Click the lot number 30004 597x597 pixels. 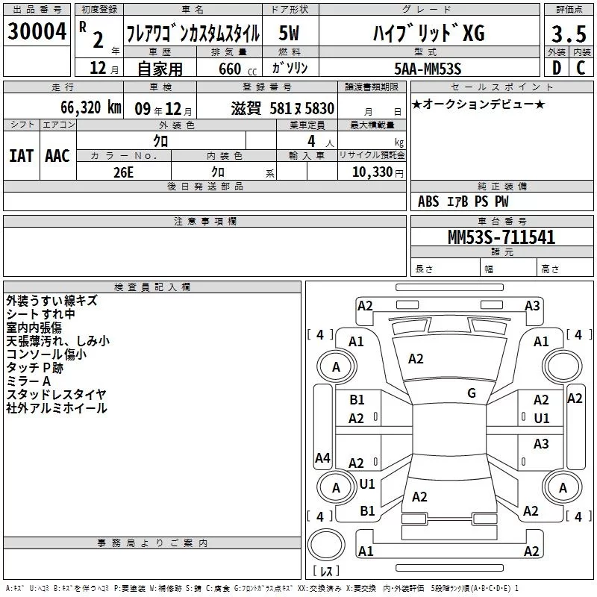click(37, 32)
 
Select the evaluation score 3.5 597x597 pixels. click(568, 34)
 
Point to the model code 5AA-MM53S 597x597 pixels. click(428, 69)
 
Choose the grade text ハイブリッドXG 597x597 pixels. click(428, 34)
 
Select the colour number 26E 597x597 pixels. click(124, 171)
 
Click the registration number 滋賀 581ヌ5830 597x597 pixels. click(283, 108)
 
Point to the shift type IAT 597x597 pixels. click(21, 155)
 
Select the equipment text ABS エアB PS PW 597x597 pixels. click(463, 201)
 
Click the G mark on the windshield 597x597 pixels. click(472, 393)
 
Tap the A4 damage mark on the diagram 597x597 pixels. click(322, 458)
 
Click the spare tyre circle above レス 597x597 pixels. click(325, 543)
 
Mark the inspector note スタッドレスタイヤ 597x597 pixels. click(56, 394)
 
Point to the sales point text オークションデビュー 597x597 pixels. click(478, 104)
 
